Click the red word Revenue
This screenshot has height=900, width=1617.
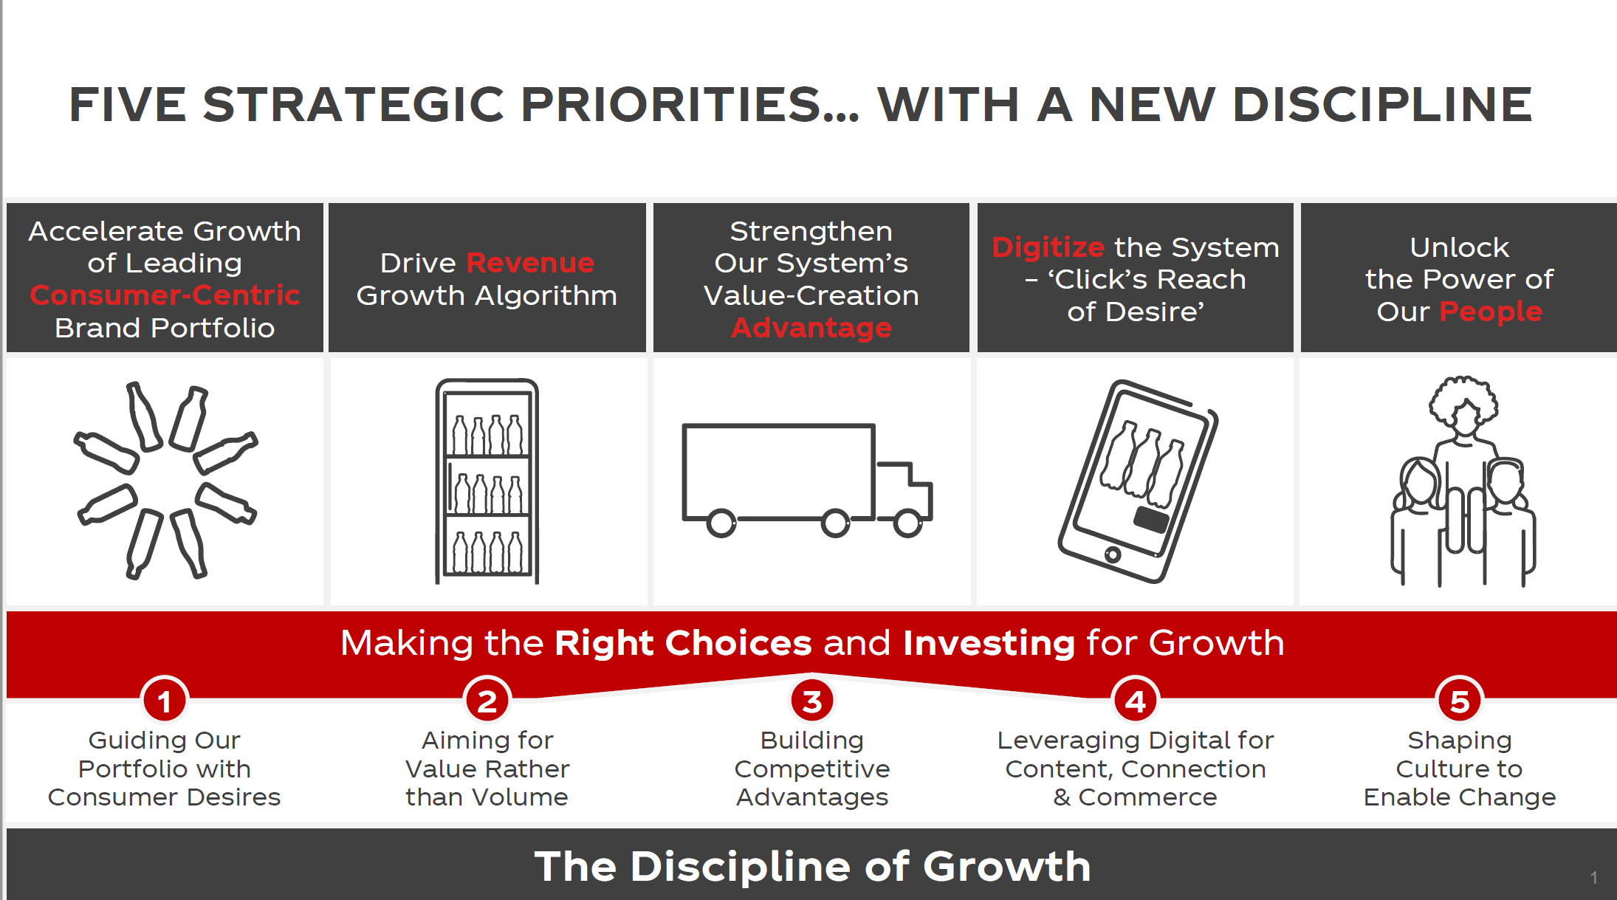point(530,263)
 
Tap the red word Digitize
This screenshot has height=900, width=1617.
point(1048,248)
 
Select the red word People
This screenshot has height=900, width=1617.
point(1491,312)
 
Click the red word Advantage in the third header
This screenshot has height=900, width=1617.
point(811,327)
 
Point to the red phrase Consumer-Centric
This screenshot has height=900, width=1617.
point(165,295)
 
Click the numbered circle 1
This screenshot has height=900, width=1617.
point(165,701)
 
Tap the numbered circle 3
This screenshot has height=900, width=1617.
point(812,701)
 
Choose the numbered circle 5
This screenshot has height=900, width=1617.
point(1460,701)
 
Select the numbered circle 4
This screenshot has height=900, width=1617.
point(1136,701)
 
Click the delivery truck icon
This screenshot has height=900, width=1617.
point(807,480)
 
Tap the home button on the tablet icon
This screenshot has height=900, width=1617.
point(1113,554)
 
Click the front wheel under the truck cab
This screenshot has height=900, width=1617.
point(907,523)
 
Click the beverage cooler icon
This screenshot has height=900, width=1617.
point(487,481)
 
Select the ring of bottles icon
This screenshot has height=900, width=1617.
point(165,480)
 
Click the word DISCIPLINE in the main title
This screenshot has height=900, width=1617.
point(1382,104)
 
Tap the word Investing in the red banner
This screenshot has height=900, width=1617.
point(989,643)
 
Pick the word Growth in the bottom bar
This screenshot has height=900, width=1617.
point(1007,866)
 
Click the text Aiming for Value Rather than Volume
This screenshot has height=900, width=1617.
point(487,769)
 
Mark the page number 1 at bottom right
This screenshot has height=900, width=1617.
point(1594,877)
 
